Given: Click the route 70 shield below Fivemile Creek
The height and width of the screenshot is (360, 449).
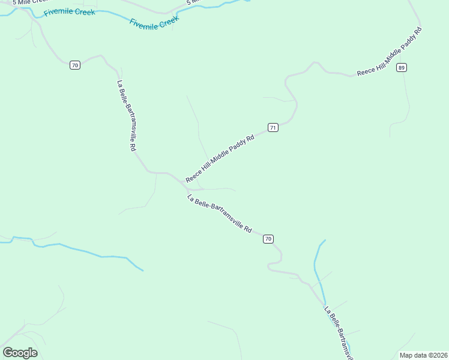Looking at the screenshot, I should coord(74,65).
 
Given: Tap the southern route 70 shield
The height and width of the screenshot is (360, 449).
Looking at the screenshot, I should coord(268,239).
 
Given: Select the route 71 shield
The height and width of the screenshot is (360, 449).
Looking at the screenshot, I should coord(273,127).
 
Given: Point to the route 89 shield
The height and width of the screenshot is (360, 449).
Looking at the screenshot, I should coord(402,68).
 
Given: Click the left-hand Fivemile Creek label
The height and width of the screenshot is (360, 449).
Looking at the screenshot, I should coord(70,11).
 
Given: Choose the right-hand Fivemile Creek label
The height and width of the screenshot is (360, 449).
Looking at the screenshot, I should coord(155,22).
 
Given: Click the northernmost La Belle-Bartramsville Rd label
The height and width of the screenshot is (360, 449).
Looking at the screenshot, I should coord(127,116).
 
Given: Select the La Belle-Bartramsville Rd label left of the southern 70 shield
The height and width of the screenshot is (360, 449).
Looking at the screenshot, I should coord(219,214).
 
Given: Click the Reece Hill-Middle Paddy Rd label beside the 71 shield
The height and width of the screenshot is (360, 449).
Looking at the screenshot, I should coord(220,159).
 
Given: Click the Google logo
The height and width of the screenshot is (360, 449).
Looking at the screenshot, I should coord(20,353).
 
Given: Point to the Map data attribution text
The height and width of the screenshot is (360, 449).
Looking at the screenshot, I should coord(423,355).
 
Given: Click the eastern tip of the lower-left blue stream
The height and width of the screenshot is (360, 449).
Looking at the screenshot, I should coord(143,271).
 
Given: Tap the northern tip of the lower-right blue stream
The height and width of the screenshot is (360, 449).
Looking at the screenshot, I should coord(325,240).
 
